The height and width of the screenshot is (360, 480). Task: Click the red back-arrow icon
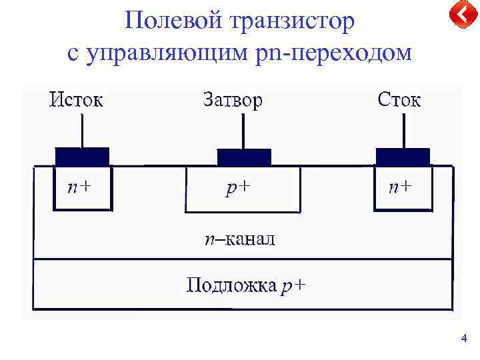[x=459, y=15]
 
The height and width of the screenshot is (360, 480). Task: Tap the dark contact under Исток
[x=81, y=157]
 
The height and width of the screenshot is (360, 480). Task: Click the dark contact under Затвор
[x=244, y=157]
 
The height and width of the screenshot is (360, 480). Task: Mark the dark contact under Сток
[x=403, y=157]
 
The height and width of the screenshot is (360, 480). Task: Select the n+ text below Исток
[x=79, y=187]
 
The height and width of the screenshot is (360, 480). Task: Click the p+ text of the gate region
[x=238, y=188]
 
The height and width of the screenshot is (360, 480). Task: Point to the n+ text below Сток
[x=401, y=187]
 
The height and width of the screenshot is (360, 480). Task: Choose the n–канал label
[x=239, y=239]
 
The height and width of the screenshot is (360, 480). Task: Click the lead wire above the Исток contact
[x=82, y=131]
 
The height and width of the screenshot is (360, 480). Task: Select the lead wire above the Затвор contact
[x=244, y=131]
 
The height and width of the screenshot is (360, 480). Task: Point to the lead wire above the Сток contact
[x=403, y=131]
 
